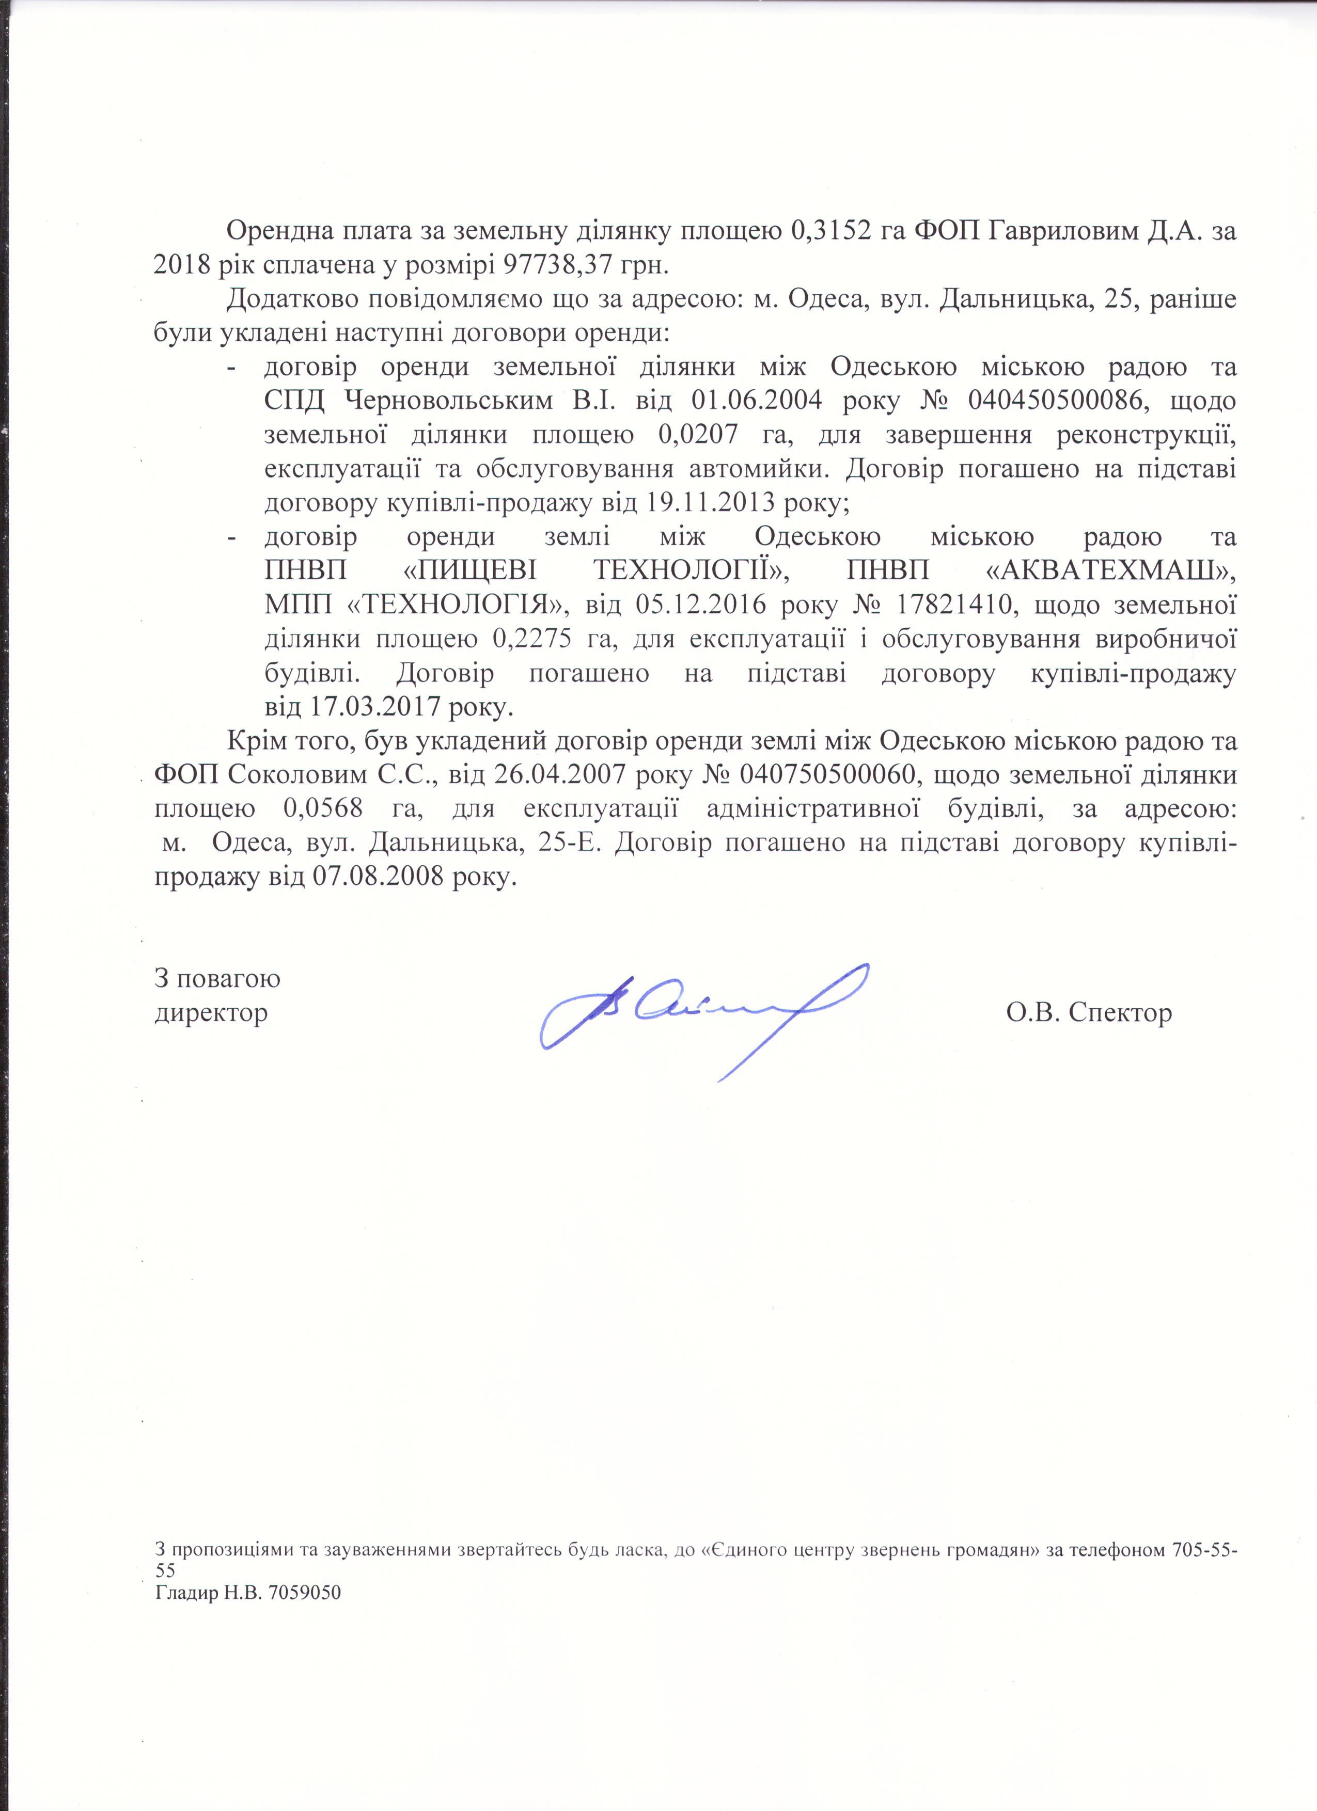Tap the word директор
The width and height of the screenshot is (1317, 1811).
[211, 1013]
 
